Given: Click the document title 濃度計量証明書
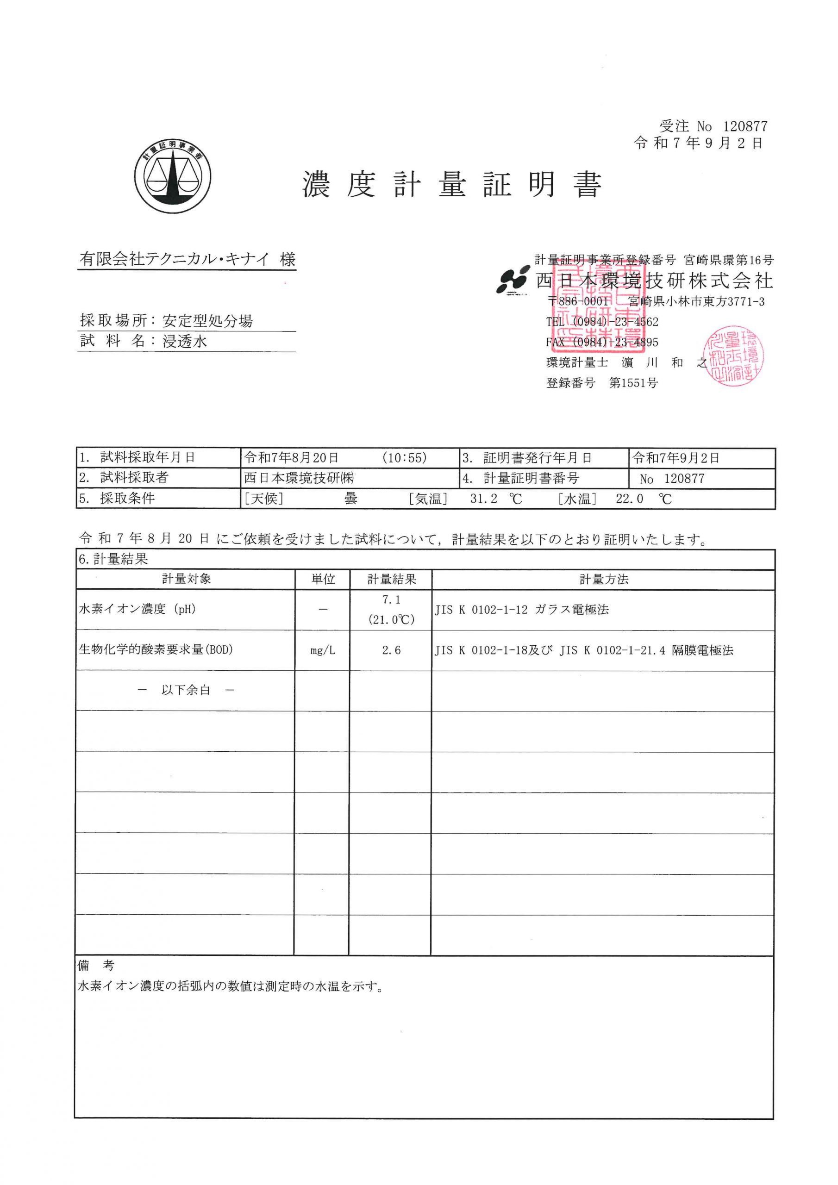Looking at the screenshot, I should coord(452,184).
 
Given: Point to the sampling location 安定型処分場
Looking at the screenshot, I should coord(207,321).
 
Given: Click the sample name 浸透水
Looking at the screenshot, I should coord(185,341).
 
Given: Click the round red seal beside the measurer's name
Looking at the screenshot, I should coord(734,355).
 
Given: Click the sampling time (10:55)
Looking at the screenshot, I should coord(404,458).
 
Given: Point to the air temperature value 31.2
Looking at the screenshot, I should coord(483,499).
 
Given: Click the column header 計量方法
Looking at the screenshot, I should coord(604,580).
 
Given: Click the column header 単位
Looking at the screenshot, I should coord(323,580).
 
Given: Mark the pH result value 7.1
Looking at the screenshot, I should coord(391,600).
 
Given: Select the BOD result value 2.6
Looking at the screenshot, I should coord(391,650).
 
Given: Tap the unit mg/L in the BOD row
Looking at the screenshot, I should coord(323,651).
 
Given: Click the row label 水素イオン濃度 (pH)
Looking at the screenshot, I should coord(138,610).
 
